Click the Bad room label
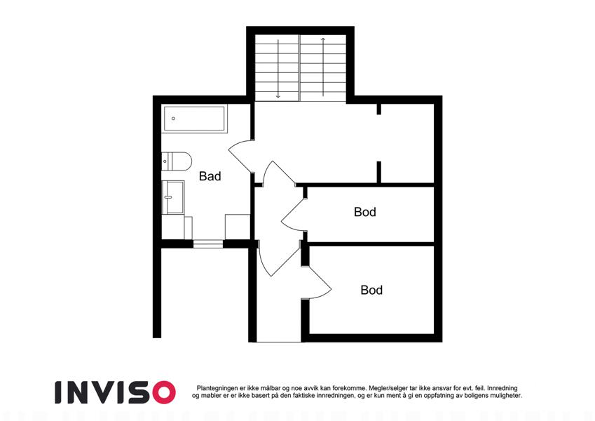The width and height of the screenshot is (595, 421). (x=210, y=176)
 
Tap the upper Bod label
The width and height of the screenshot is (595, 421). (x=365, y=212)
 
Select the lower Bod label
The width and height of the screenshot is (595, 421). (x=371, y=290)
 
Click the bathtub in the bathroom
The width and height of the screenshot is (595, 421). (x=195, y=119)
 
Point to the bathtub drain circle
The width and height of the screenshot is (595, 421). (x=173, y=119)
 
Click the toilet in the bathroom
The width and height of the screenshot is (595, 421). (x=177, y=161)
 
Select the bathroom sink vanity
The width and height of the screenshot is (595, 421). (x=173, y=197)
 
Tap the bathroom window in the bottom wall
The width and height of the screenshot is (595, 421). (x=208, y=244)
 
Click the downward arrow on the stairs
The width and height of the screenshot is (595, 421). (x=278, y=69)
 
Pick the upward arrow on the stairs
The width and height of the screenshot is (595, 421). (x=323, y=67)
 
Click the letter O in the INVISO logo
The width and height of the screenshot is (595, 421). (x=164, y=392)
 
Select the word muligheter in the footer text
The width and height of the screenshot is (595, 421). (x=507, y=396)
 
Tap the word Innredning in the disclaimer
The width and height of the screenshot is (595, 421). (x=502, y=388)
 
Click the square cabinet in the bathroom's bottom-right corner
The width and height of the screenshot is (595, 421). (x=238, y=227)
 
